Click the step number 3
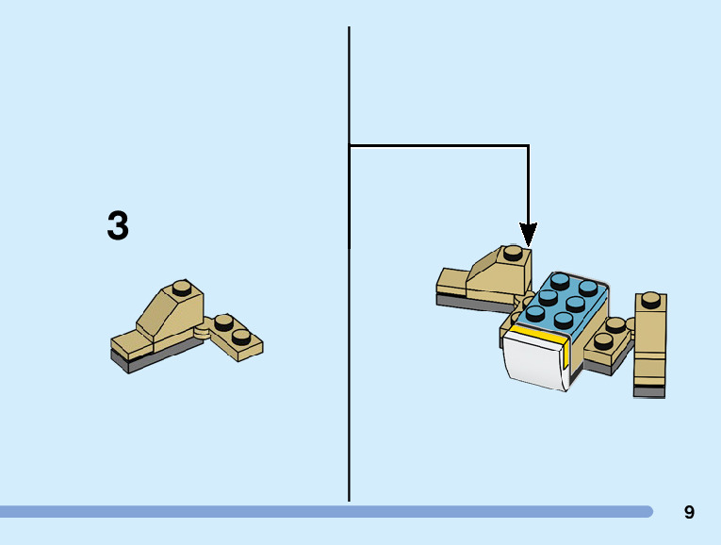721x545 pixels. pos(118,226)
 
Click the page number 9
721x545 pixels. pos(689,513)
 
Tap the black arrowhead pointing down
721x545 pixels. pos(528,234)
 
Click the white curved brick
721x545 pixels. pos(534,362)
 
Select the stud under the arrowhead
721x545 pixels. pos(512,253)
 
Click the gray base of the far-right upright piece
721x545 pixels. pos(649,389)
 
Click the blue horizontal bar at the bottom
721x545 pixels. pos(325,511)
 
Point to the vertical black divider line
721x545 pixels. pos(349,377)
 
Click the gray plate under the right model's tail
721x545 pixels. pos(467,302)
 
